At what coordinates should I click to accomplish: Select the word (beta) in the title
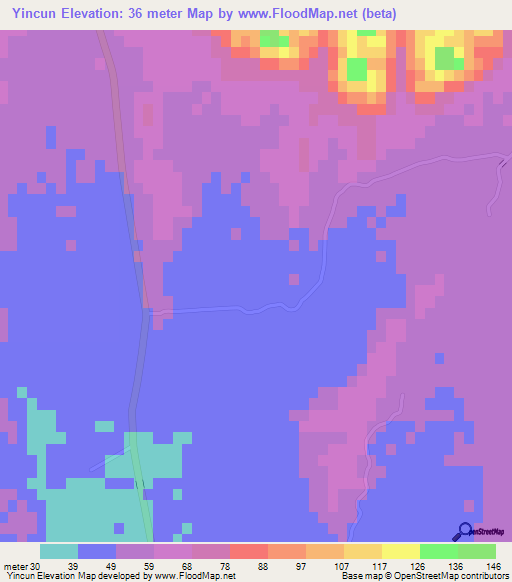tap(375, 13)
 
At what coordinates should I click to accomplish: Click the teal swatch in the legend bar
tap(59, 551)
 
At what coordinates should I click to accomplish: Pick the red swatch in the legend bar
tap(249, 551)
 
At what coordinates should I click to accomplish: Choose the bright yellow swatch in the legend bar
tap(401, 551)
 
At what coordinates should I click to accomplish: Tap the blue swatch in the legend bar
tap(97, 551)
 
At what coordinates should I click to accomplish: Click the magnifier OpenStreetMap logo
tap(463, 532)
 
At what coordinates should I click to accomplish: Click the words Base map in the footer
tap(358, 576)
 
